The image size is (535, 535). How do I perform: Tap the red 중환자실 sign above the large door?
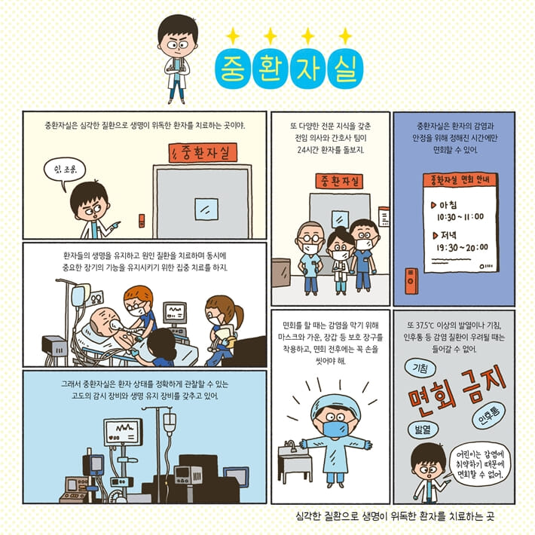pyautogui.click(x=203, y=153)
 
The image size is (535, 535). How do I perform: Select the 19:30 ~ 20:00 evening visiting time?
pyautogui.click(x=461, y=246)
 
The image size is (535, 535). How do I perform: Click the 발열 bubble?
pyautogui.click(x=421, y=429)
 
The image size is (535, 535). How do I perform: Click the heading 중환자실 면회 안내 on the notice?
pyautogui.click(x=459, y=181)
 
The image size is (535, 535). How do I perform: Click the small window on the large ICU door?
pyautogui.click(x=202, y=208)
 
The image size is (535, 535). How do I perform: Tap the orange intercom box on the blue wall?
pyautogui.click(x=411, y=280)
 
